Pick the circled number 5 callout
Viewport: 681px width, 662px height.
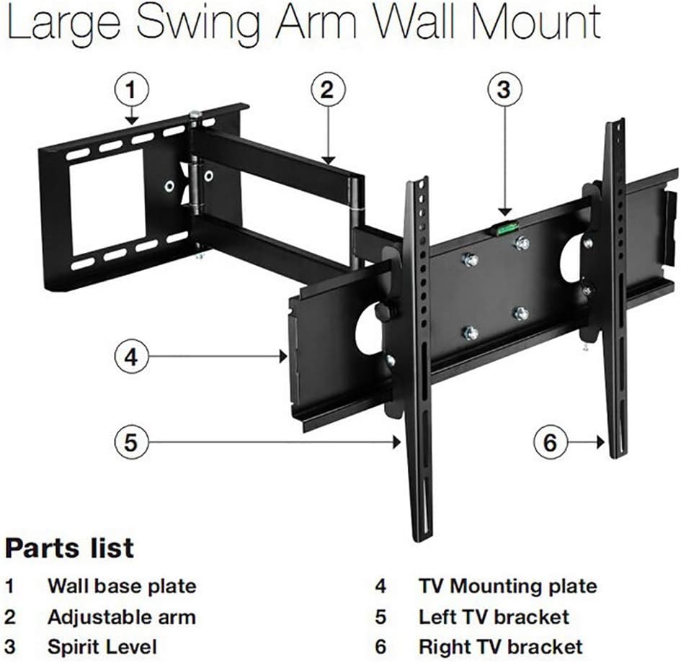click(130, 442)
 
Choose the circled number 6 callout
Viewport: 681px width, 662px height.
click(551, 442)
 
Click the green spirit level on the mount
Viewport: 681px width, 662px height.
click(505, 229)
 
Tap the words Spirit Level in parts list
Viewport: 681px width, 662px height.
click(102, 645)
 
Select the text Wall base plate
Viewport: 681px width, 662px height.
click(121, 586)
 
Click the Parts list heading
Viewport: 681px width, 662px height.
click(69, 547)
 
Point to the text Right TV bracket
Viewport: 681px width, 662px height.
click(500, 645)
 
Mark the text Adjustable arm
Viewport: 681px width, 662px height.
click(121, 617)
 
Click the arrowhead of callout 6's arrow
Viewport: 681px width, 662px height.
click(601, 442)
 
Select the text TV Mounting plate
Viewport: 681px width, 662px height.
click(507, 586)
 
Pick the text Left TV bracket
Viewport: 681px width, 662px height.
click(494, 617)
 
